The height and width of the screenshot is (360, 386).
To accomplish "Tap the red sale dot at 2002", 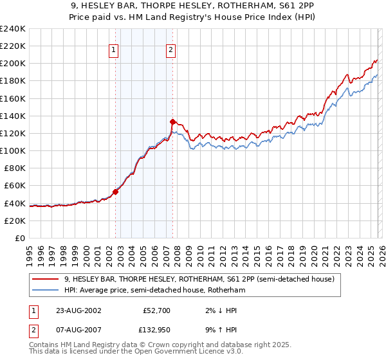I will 116,192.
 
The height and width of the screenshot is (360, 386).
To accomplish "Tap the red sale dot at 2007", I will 172,122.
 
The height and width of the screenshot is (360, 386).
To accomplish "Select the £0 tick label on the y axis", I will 20,238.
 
